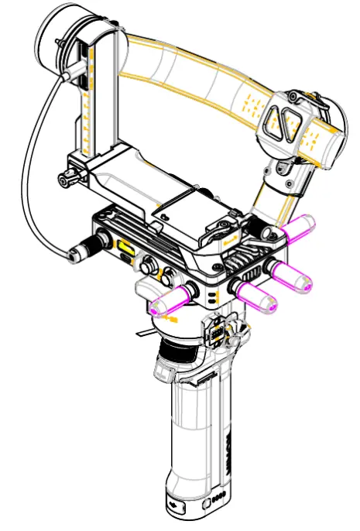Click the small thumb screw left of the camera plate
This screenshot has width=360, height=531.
click(66, 180)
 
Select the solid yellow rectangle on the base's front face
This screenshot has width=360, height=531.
click(123, 248)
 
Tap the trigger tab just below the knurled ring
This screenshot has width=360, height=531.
click(165, 372)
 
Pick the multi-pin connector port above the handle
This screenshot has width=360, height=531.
click(218, 334)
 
